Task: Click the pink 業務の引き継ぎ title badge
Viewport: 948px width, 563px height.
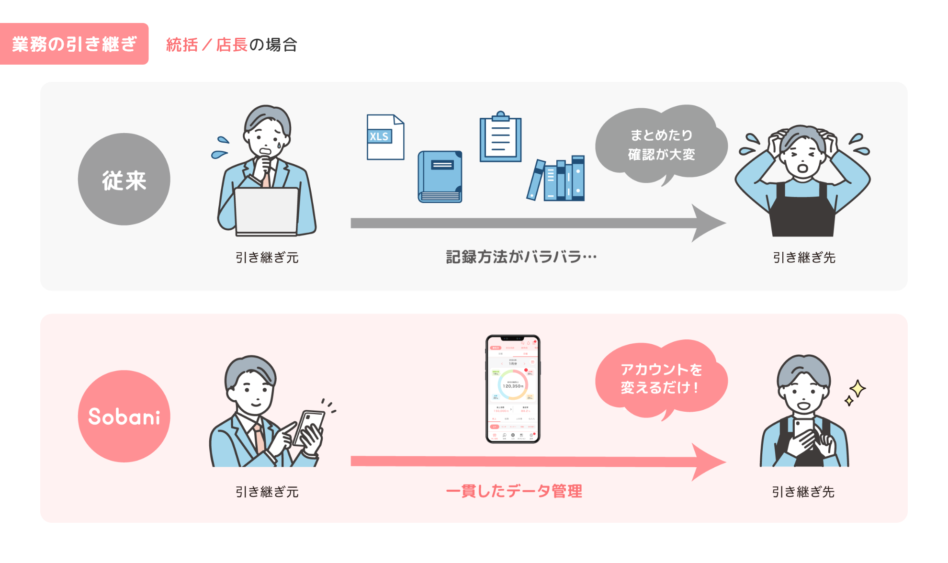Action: pyautogui.click(x=74, y=44)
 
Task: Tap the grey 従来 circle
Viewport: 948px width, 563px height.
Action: pyautogui.click(x=124, y=180)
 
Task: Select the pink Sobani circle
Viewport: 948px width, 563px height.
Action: pyautogui.click(x=124, y=416)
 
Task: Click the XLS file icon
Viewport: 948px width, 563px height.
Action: pyautogui.click(x=385, y=137)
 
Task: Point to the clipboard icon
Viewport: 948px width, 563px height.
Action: pyautogui.click(x=500, y=138)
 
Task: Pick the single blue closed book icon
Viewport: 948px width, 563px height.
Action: pyautogui.click(x=440, y=177)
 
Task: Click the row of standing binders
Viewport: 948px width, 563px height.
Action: pyautogui.click(x=557, y=179)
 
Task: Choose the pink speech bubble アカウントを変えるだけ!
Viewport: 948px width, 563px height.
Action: pyautogui.click(x=661, y=378)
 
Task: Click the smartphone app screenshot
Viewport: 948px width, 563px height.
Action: pyautogui.click(x=513, y=389)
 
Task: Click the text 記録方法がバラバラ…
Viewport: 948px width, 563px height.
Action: pyautogui.click(x=521, y=257)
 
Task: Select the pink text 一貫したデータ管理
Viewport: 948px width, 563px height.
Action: pyautogui.click(x=514, y=491)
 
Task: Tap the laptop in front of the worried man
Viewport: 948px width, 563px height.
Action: pyautogui.click(x=266, y=211)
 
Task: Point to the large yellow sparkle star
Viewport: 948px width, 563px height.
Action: pyautogui.click(x=858, y=388)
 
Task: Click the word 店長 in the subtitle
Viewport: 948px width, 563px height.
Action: pyautogui.click(x=232, y=45)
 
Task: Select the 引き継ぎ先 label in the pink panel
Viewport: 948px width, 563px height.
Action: pyautogui.click(x=803, y=492)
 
